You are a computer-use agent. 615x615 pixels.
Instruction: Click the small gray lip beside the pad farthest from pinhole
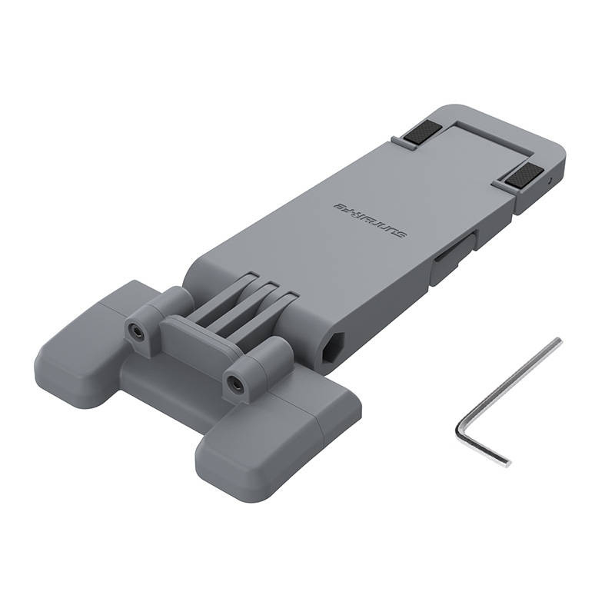397,141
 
